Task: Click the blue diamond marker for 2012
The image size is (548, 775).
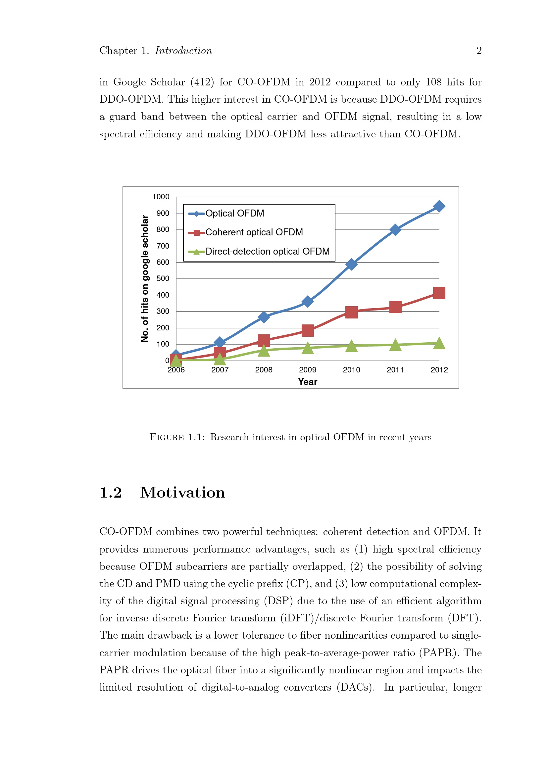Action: (439, 206)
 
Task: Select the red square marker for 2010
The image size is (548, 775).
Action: (351, 312)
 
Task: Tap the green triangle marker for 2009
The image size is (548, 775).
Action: (307, 348)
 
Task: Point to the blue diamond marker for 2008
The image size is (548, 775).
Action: (264, 316)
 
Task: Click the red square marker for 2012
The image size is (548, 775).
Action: (439, 293)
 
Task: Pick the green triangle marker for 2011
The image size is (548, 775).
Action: (395, 345)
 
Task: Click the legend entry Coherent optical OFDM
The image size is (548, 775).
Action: (254, 232)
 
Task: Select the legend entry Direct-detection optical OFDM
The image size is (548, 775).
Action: (267, 252)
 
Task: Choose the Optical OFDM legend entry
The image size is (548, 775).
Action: (235, 213)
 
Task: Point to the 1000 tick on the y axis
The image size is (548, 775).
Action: (161, 197)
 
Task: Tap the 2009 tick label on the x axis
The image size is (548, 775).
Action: (307, 369)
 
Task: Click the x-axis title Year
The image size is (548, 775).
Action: (307, 382)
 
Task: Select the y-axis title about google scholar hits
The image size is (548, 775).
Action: (144, 278)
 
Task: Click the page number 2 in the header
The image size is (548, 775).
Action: (478, 51)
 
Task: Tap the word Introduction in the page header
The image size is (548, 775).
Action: (183, 51)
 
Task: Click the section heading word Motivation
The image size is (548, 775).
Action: (182, 493)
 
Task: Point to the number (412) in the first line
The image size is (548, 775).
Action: (202, 82)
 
